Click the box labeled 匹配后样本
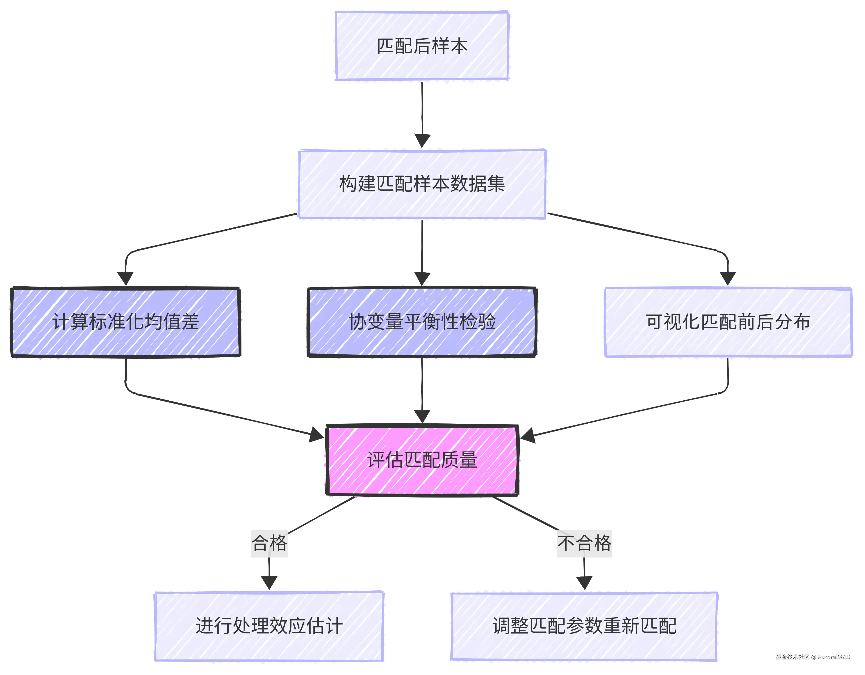point(422,46)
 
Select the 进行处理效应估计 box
point(269,626)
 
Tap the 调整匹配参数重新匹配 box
point(584,626)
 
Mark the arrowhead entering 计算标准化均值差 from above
point(125,278)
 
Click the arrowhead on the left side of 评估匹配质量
point(317,435)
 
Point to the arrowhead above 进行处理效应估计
point(269,583)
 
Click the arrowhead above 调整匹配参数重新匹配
point(584,583)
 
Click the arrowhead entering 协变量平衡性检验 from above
point(422,278)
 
